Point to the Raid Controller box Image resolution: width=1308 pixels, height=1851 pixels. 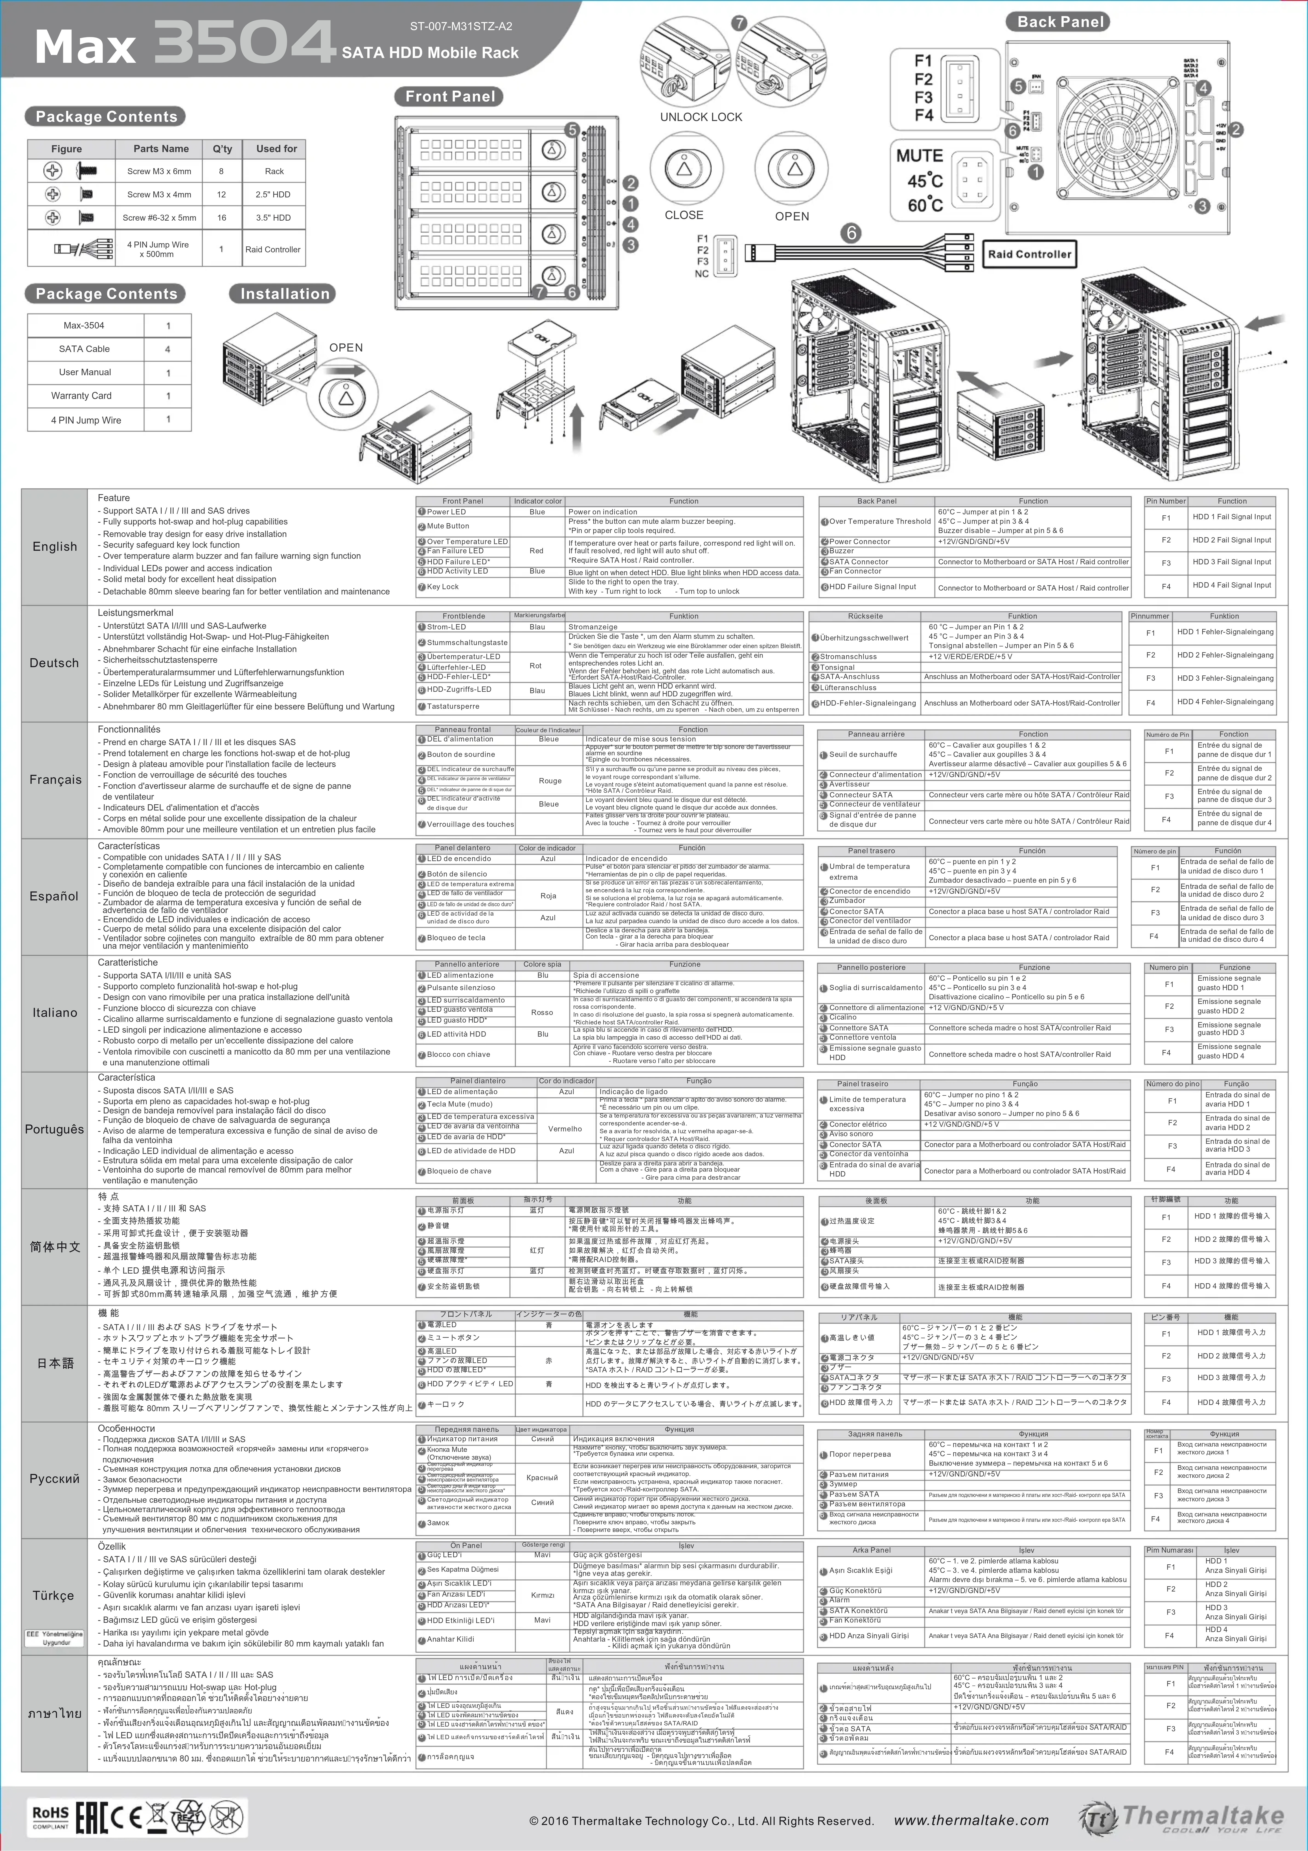click(x=1029, y=254)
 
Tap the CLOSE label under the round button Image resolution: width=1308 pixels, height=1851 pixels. click(x=683, y=215)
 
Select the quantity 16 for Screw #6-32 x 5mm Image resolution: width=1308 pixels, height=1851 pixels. click(x=222, y=218)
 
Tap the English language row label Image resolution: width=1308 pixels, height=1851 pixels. click(x=55, y=547)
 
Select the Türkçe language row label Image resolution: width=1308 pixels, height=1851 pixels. click(x=53, y=1595)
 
